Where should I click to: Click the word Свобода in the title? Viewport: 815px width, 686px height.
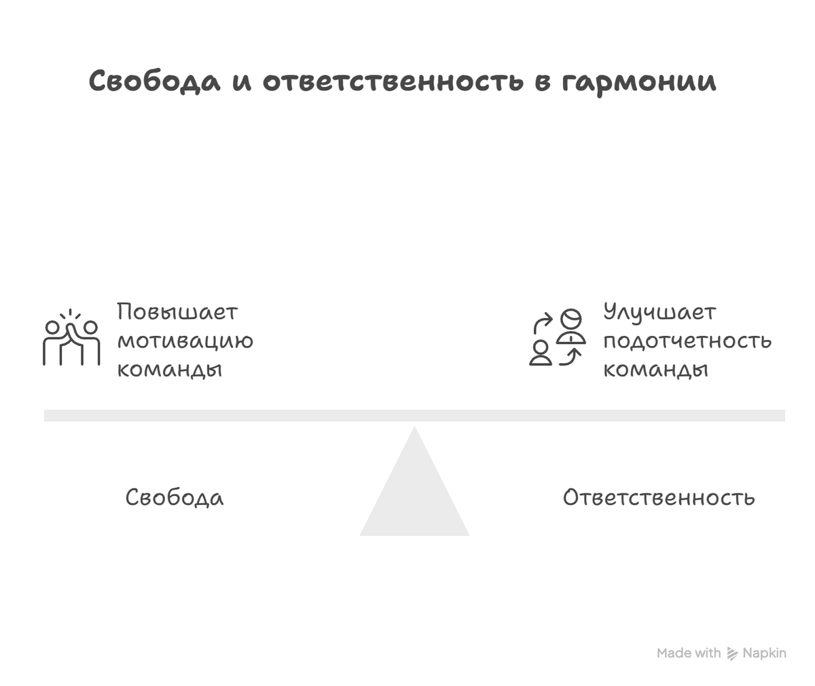155,81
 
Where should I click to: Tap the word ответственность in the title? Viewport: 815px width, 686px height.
393,81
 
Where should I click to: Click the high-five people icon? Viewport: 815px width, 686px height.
71,339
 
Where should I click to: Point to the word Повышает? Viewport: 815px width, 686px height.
177,313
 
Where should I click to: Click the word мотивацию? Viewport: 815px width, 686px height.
185,341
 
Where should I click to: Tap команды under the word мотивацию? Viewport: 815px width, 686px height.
170,369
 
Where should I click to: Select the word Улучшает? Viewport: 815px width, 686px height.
659,313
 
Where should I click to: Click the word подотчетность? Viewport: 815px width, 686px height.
687,341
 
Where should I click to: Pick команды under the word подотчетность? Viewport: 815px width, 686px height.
656,369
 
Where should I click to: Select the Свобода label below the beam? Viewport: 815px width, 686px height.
175,497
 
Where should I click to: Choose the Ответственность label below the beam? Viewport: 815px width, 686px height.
659,497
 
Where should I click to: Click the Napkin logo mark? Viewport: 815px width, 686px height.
732,653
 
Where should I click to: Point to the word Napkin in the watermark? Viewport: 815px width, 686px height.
764,653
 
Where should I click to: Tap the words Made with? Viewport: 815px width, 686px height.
689,653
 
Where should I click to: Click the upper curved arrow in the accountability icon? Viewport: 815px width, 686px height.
542,322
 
